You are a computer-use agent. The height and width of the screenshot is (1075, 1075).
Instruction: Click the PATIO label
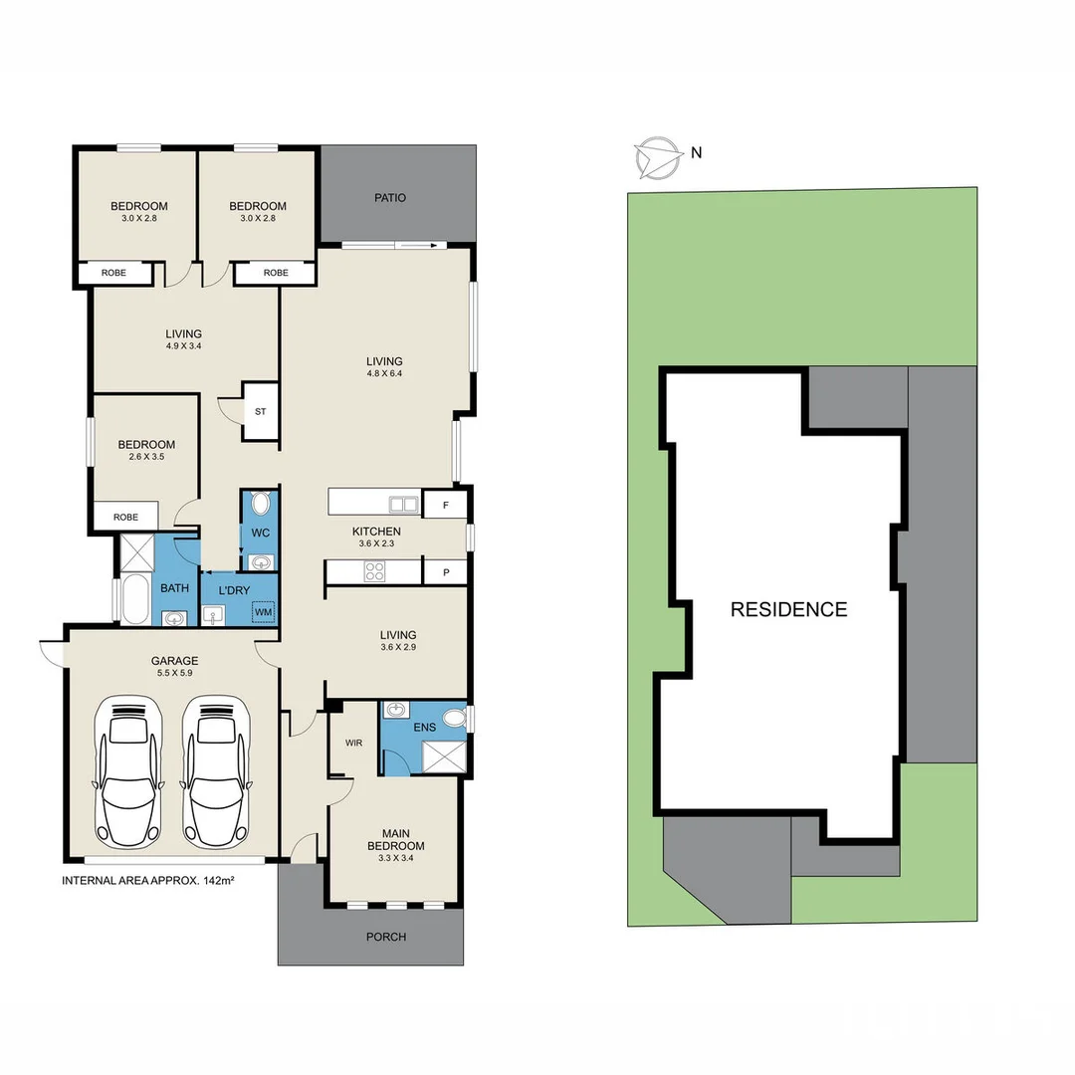[390, 197]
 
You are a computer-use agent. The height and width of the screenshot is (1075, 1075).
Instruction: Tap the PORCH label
[386, 937]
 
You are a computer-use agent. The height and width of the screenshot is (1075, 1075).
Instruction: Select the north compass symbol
[654, 156]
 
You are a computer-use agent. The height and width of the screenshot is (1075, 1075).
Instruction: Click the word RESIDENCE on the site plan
[788, 609]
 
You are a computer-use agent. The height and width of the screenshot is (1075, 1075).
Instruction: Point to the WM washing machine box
[263, 612]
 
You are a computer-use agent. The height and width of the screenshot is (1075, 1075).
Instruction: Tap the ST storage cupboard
[261, 410]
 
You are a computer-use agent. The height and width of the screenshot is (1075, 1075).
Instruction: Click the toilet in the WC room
[261, 504]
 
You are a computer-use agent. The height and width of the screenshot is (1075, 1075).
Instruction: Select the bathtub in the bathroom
[134, 599]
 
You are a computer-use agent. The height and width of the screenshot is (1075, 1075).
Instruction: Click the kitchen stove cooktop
[375, 571]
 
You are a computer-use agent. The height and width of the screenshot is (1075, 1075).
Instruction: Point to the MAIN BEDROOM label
[396, 840]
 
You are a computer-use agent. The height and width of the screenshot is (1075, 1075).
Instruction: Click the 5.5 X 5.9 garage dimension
[174, 674]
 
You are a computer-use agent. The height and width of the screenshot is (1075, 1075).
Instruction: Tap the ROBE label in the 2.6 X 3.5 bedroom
[125, 518]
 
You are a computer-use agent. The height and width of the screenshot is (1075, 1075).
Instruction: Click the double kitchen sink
[403, 504]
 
